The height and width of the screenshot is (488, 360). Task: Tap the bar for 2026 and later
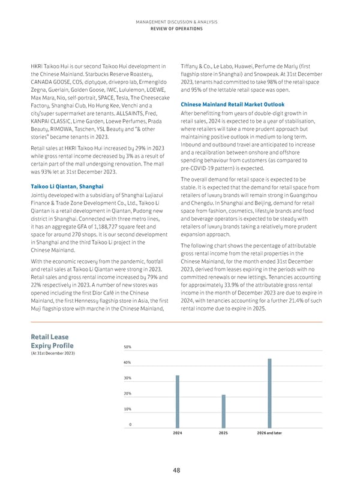269,391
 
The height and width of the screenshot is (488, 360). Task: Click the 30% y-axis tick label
127,378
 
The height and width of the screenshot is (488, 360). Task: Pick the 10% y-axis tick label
127,409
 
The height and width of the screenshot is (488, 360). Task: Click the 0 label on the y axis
130,424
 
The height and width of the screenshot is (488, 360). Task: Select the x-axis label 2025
223,432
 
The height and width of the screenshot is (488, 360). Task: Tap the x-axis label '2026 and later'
269,432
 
